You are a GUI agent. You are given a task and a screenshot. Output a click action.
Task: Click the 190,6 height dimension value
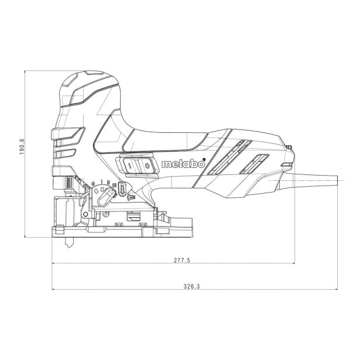point(22,147)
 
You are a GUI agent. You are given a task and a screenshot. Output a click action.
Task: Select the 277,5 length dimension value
point(182,260)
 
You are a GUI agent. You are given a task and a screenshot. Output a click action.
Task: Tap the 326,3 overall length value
point(192,286)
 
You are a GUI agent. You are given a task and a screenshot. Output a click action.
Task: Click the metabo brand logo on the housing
point(183,164)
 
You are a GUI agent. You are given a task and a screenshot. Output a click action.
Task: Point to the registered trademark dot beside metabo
point(204,159)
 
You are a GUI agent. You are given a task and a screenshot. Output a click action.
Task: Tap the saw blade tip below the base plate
point(69,247)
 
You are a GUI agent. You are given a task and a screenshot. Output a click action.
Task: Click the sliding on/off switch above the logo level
point(138,165)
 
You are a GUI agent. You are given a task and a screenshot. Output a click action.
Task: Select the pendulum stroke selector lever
point(107,196)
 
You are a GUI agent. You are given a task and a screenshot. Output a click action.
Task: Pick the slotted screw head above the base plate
point(105,215)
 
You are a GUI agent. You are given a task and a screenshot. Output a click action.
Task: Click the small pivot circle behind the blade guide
point(85,214)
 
